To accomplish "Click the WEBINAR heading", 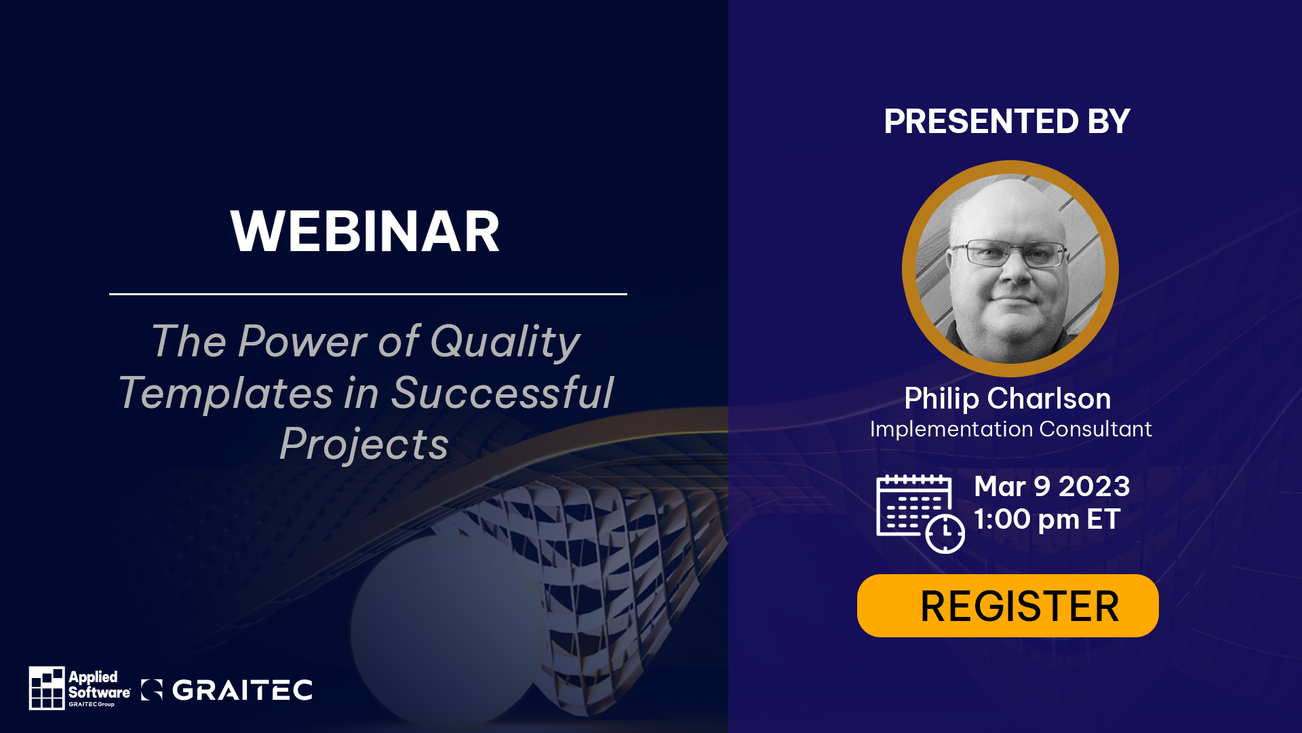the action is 365,231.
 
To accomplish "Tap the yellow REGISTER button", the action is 1008,605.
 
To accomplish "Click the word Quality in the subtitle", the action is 505,341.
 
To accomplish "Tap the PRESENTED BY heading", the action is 1007,121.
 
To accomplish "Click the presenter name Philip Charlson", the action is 1008,398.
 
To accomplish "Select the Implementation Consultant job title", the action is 1010,429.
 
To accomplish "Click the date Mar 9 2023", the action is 1052,486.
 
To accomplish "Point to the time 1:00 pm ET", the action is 1046,519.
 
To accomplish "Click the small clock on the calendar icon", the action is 945,533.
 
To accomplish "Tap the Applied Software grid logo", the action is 47,688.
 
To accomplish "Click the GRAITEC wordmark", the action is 242,690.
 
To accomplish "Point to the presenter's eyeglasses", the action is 1009,254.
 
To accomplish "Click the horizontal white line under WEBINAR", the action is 368,294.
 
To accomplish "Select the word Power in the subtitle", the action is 302,341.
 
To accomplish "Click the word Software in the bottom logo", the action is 99,692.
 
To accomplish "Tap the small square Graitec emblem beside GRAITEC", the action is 152,690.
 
